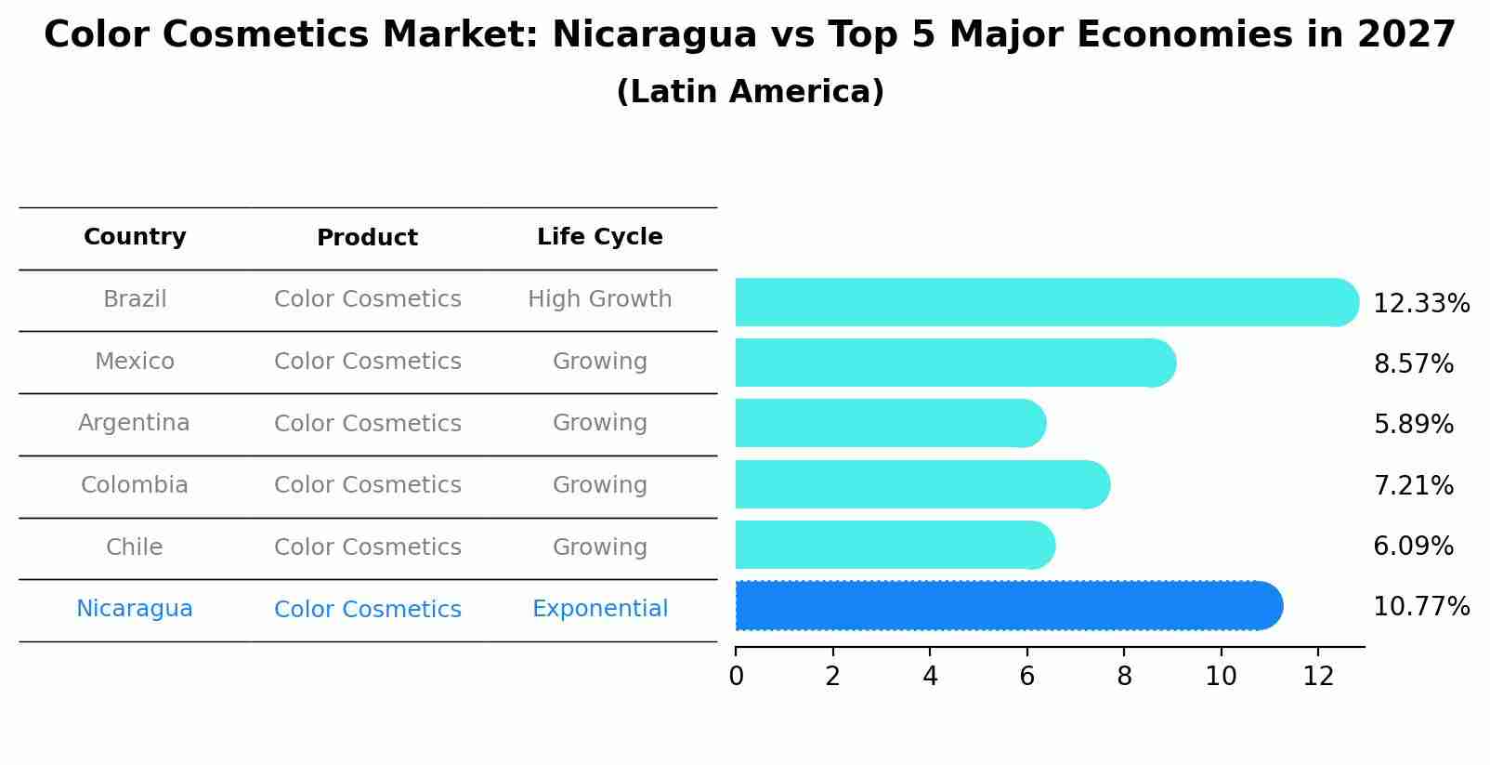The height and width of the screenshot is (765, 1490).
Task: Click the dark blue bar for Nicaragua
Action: tap(1008, 606)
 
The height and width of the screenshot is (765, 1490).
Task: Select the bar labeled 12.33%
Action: tap(1045, 302)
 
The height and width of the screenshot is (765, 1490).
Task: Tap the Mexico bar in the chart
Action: tap(954, 363)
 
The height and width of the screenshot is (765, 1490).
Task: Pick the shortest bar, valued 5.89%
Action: tap(889, 423)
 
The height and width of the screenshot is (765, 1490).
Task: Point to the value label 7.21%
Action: tap(1413, 485)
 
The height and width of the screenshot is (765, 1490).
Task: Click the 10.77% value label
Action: tap(1420, 607)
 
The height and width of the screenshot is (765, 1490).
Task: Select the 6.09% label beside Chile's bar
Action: tap(1413, 546)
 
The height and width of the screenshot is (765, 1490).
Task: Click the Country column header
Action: tap(135, 237)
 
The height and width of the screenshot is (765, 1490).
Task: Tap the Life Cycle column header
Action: tap(599, 237)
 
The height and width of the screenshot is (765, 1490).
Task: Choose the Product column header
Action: tap(367, 238)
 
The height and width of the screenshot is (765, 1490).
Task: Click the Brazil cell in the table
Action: tap(135, 299)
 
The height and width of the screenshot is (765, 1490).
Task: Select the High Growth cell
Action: tap(599, 299)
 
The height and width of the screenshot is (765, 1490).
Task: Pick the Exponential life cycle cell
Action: tap(599, 609)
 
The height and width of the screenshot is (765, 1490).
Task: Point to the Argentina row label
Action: tap(134, 423)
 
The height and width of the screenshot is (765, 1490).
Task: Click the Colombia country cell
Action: tap(134, 485)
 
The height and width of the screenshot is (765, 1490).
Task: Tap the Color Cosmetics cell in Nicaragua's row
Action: tap(367, 610)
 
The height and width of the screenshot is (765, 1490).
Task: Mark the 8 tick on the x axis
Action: tap(1124, 676)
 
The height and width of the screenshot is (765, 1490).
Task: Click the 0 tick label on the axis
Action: tap(736, 676)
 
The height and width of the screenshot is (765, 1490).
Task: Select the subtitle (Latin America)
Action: tap(750, 92)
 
